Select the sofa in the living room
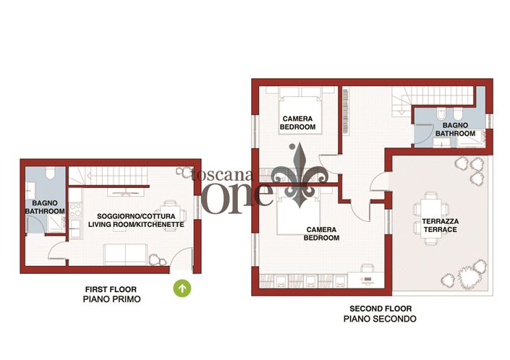(x=124, y=254)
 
